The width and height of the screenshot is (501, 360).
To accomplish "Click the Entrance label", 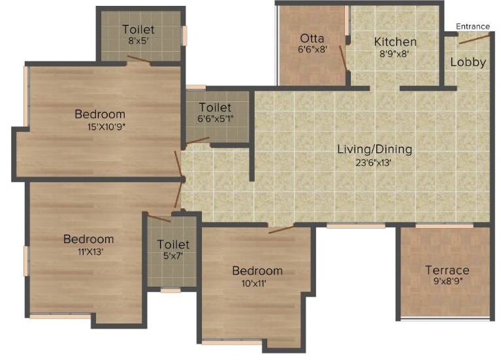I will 472,26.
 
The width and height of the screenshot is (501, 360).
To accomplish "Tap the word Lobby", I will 468,62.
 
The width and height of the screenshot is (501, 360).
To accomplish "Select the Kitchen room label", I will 395,42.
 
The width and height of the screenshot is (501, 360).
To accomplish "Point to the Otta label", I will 313,38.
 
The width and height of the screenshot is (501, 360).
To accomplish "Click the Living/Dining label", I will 374,149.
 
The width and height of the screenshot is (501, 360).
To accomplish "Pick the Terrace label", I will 447,270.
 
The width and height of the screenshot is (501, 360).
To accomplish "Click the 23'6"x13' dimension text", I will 374,163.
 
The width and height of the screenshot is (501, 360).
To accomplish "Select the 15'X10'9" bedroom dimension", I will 99,127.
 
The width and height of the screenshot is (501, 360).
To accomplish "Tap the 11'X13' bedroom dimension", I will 88,252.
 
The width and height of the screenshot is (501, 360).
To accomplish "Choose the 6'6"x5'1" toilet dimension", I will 215,119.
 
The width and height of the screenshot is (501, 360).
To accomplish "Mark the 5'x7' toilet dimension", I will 172,256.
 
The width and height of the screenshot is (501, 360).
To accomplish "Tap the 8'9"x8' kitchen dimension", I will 395,54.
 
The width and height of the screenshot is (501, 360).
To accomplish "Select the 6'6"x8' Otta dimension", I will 313,49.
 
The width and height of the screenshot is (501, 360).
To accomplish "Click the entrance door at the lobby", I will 474,39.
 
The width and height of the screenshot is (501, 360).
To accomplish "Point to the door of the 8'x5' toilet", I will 139,60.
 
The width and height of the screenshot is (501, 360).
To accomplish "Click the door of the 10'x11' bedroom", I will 281,229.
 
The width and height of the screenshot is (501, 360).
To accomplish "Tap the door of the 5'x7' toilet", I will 159,218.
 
